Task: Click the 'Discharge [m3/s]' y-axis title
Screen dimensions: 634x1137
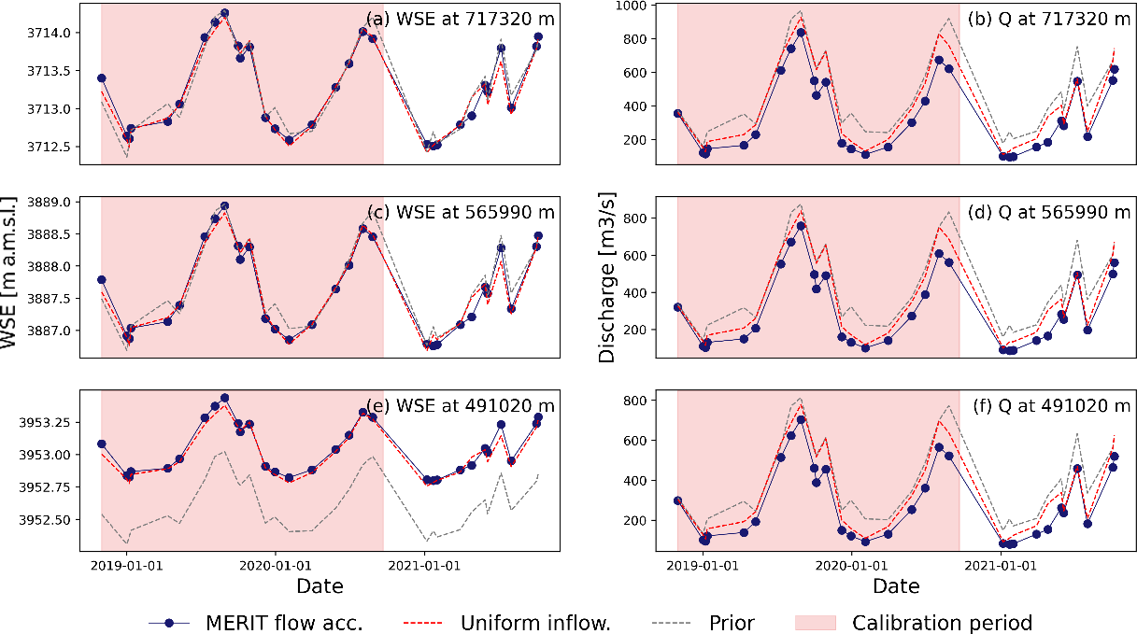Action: tap(608, 280)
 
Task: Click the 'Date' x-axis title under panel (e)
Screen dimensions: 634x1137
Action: tap(320, 586)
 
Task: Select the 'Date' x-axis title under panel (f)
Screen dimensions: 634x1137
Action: tap(896, 586)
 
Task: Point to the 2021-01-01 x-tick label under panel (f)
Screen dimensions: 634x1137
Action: tap(1002, 565)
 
